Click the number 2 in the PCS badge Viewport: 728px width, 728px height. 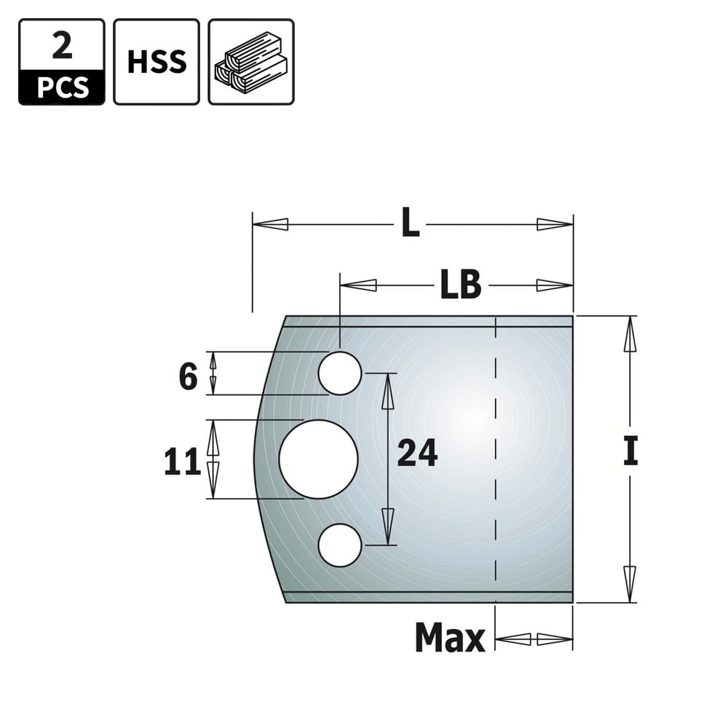click(62, 46)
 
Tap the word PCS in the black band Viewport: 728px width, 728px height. click(62, 88)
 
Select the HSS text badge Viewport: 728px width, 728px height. click(157, 62)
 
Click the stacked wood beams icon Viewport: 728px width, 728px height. click(250, 62)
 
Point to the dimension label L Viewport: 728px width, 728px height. click(410, 223)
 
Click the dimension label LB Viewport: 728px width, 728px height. click(460, 285)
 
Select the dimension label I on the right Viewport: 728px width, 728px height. click(630, 451)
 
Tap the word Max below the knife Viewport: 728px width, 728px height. click(450, 638)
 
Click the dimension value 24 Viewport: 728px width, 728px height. click(417, 453)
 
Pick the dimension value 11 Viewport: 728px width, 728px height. click(183, 462)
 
